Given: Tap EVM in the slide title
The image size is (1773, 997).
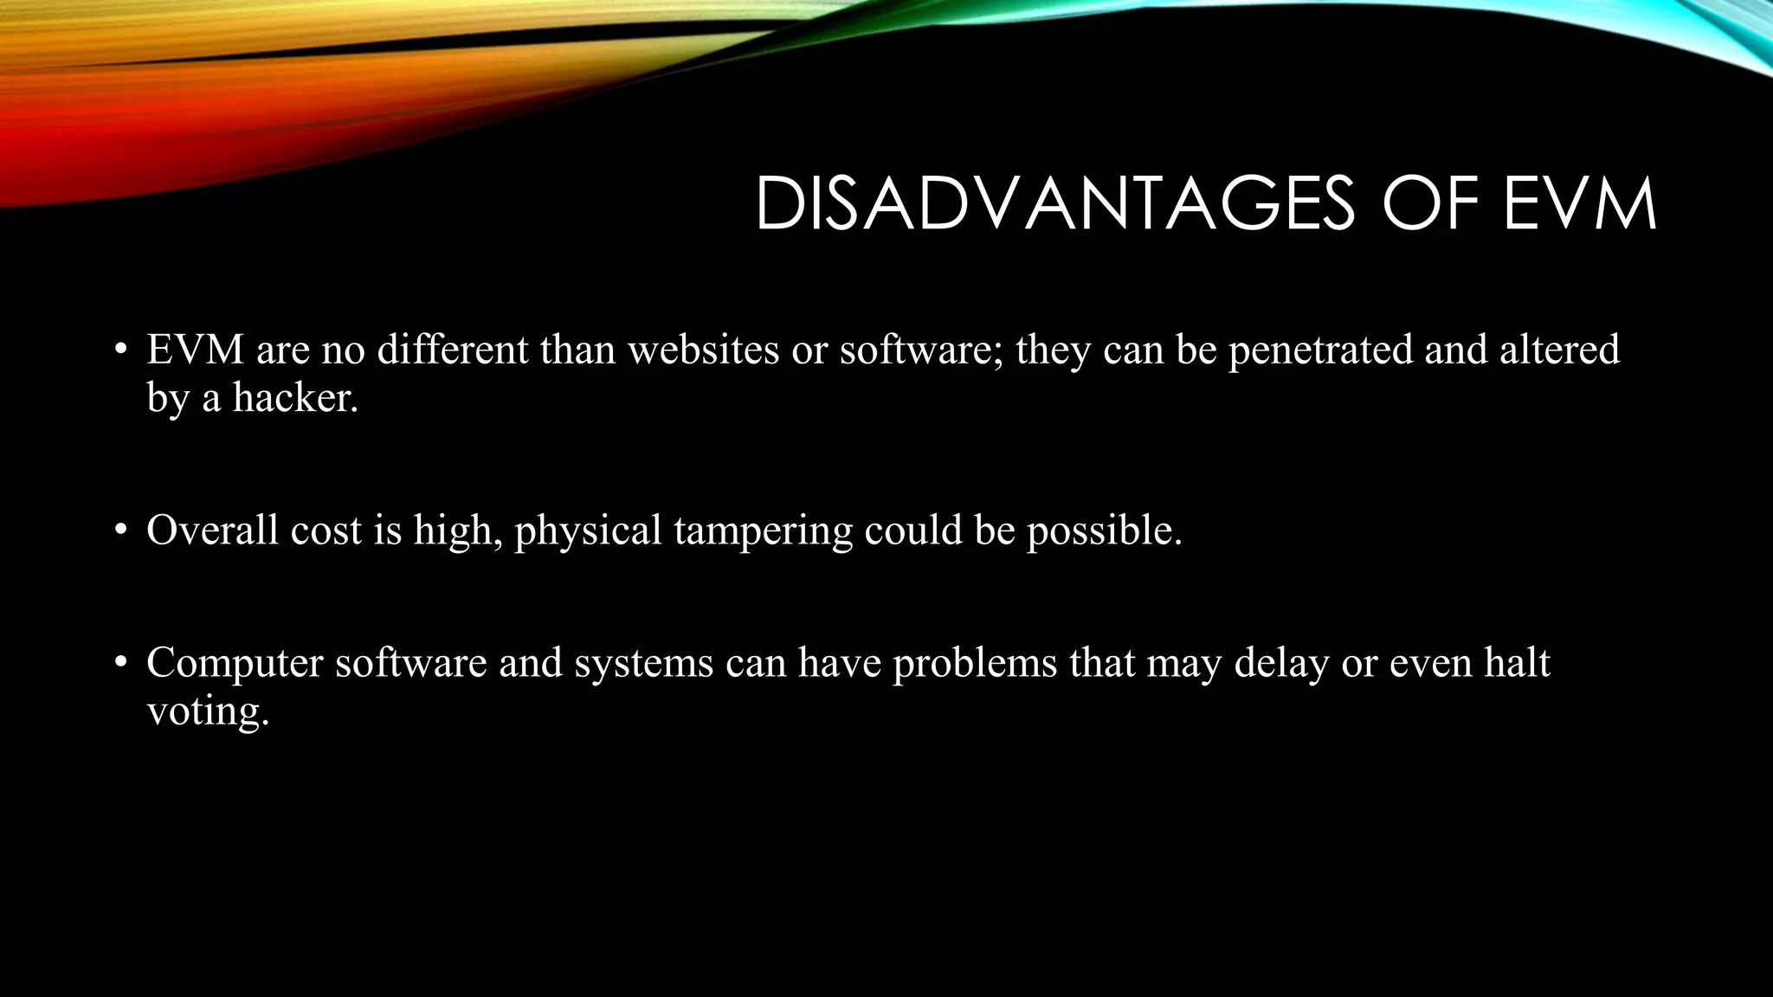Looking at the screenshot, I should coord(1579,204).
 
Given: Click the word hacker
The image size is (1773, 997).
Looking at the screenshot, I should coord(294,398).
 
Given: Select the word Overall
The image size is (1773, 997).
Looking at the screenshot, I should coord(212,530).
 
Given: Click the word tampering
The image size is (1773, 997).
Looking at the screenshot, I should coord(763,531).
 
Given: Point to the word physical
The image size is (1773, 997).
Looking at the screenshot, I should coord(588,531).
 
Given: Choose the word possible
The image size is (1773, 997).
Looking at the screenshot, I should coord(1104,531).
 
